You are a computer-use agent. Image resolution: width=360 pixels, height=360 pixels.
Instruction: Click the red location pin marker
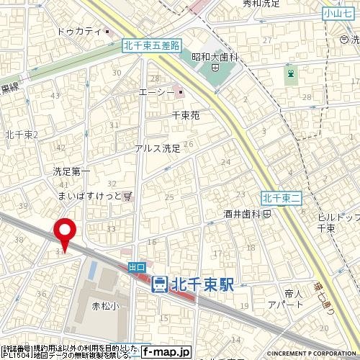(x=66, y=232)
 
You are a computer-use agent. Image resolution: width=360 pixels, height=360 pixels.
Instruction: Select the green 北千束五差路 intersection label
(x=149, y=44)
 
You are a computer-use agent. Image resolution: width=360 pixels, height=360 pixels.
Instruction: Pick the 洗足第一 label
(x=71, y=172)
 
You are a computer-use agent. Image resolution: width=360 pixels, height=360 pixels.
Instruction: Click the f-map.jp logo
(x=166, y=352)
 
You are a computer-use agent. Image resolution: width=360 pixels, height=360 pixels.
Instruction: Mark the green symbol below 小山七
(x=290, y=74)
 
